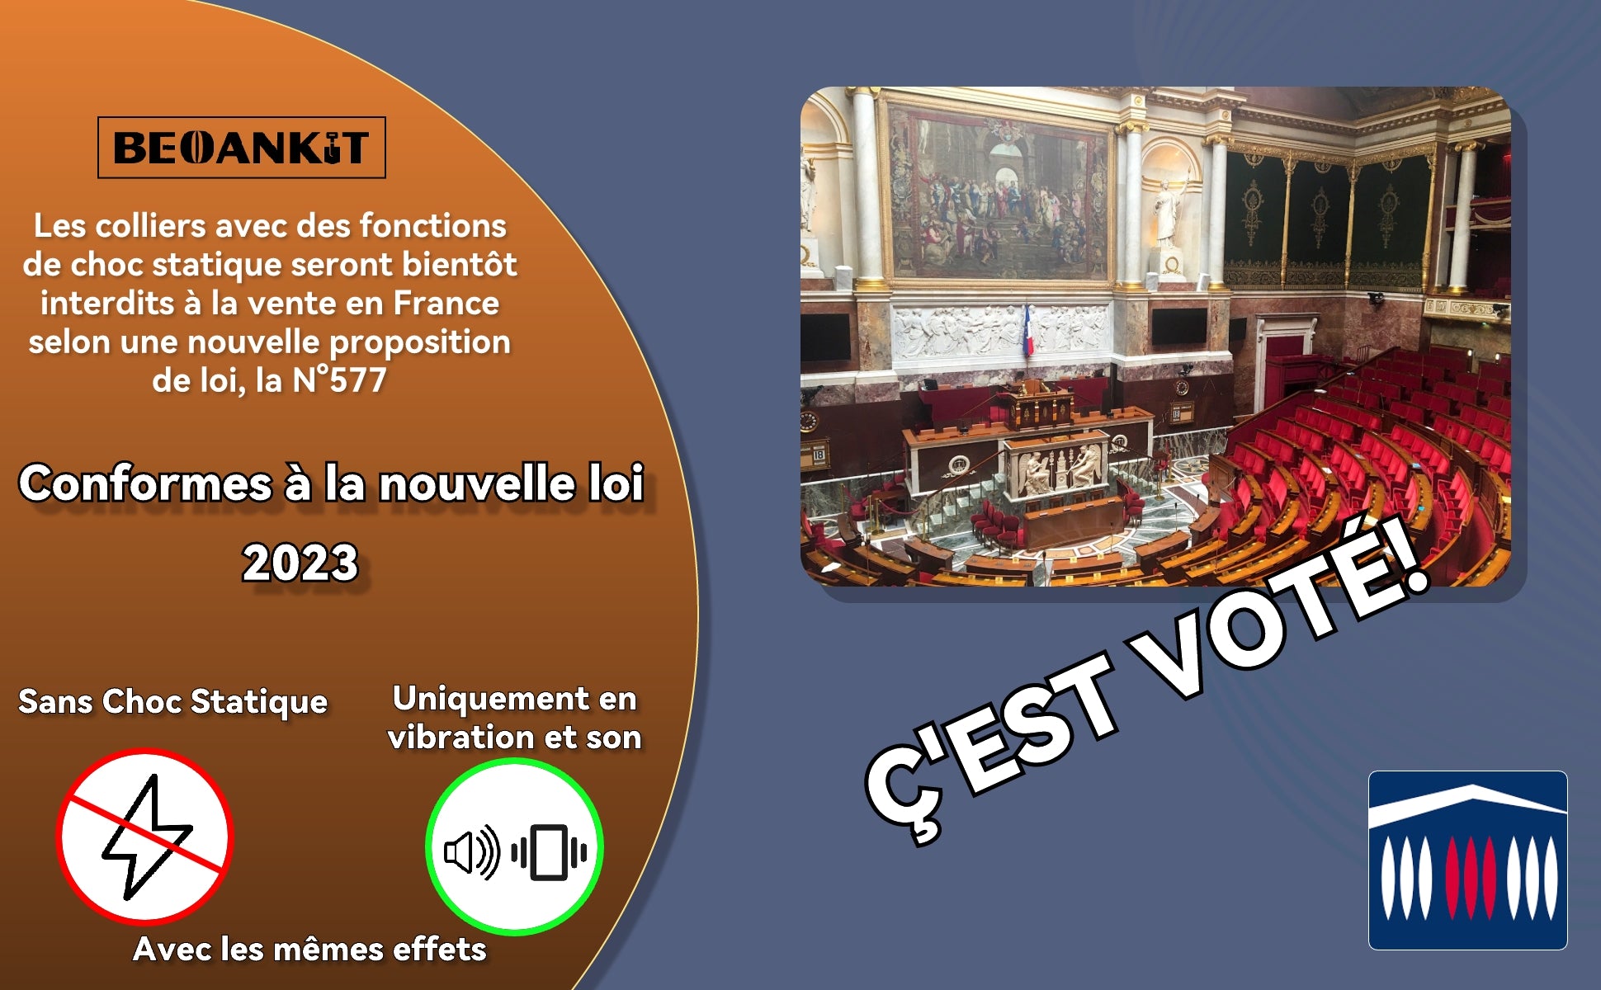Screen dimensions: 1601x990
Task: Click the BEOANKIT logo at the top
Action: [241, 148]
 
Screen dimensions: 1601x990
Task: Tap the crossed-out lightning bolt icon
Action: [145, 837]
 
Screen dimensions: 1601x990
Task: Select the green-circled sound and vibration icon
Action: [514, 847]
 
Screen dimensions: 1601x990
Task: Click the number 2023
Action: [300, 563]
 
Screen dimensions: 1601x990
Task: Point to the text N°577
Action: [339, 380]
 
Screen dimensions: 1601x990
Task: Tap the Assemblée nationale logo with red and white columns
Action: [1467, 860]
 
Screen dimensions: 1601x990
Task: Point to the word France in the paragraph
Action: [446, 303]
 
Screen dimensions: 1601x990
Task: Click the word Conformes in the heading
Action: [146, 483]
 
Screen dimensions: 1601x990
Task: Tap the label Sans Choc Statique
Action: [173, 701]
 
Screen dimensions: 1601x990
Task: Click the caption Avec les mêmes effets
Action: [309, 949]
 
